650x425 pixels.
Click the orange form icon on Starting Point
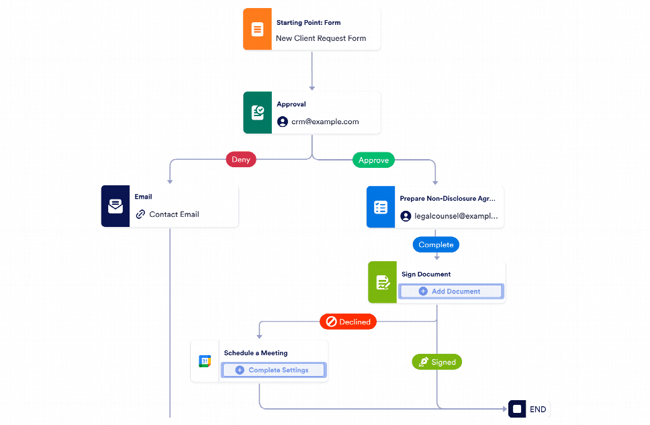tap(257, 30)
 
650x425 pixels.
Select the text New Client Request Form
tap(321, 38)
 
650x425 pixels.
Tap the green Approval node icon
tap(257, 113)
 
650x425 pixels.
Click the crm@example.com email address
tap(325, 122)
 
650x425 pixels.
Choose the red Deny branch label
tap(240, 160)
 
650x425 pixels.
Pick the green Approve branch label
tap(373, 160)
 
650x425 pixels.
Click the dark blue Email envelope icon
tap(115, 207)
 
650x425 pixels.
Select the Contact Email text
tap(174, 214)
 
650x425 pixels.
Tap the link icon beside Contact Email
tap(140, 214)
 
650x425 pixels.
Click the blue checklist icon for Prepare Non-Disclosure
tap(380, 207)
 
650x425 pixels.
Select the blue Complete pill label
tap(436, 244)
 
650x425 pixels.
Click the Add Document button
tap(450, 291)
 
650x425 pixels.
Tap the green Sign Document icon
tap(382, 283)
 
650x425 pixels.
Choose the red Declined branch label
tap(348, 322)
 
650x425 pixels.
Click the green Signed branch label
tap(436, 362)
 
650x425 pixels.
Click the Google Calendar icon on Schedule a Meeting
tap(205, 361)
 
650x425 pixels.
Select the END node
tap(530, 409)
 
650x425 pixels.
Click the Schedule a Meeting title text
tap(255, 352)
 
